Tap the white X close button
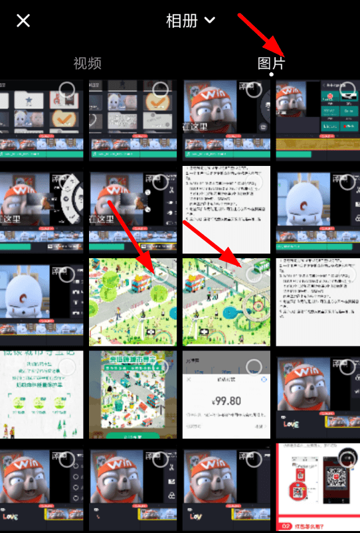point(23,21)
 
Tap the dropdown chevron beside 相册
point(210,21)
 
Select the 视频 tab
point(87,63)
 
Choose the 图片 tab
point(271,63)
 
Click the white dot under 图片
point(271,74)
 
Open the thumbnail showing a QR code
point(317,488)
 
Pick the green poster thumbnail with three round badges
point(42,394)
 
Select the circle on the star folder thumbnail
point(67,90)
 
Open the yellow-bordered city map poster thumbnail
point(133,394)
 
